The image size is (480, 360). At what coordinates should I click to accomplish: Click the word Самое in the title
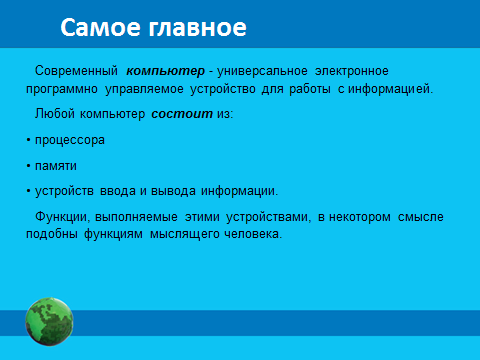click(x=100, y=27)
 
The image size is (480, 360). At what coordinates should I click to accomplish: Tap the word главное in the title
click(x=197, y=27)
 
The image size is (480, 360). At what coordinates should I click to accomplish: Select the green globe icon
click(x=49, y=322)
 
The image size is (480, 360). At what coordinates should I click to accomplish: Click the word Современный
click(x=76, y=71)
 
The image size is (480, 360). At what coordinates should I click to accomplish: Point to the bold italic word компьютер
click(x=165, y=71)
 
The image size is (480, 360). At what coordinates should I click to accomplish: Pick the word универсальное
click(x=262, y=71)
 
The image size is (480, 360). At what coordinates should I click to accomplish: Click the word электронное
click(x=352, y=71)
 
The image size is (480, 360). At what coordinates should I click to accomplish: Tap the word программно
click(x=62, y=89)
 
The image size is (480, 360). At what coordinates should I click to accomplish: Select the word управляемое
click(x=144, y=89)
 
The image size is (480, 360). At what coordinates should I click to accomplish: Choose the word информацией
click(x=390, y=89)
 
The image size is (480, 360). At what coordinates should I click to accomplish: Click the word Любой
click(x=55, y=114)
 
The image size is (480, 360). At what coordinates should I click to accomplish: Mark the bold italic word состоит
click(x=182, y=114)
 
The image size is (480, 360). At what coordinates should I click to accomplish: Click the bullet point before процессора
click(x=28, y=140)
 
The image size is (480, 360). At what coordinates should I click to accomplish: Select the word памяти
click(x=56, y=166)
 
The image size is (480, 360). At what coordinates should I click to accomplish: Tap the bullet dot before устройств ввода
click(x=28, y=191)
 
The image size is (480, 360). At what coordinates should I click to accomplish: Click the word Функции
click(x=62, y=217)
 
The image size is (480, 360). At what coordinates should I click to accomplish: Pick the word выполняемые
click(x=136, y=217)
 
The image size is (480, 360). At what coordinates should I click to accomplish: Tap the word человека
click(x=253, y=234)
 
